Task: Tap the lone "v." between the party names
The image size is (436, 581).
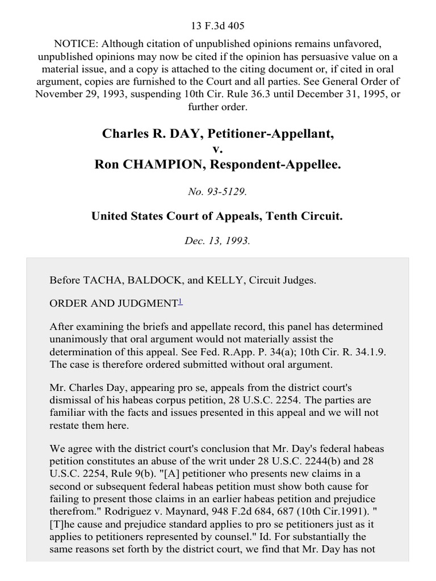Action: (x=218, y=149)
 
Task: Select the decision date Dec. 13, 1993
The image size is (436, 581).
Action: (x=218, y=240)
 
